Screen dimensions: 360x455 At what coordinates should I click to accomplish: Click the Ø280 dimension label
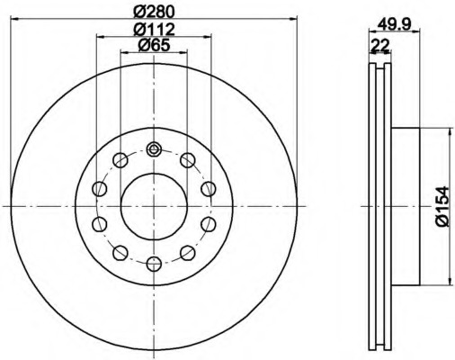(154, 12)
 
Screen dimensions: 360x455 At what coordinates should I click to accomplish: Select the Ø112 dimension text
(154, 29)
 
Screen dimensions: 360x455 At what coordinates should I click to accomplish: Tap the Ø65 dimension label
(154, 47)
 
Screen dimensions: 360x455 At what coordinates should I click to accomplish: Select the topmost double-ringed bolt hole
(154, 149)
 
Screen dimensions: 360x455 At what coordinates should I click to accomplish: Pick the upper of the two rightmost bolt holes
(208, 188)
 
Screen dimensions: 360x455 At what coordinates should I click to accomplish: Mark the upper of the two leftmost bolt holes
(100, 188)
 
